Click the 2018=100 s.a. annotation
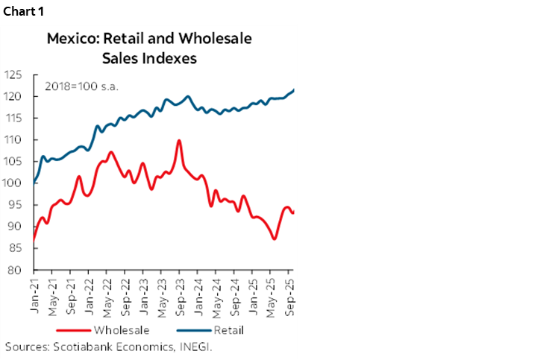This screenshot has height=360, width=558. tap(81, 85)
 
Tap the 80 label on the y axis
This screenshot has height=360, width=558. tap(15, 270)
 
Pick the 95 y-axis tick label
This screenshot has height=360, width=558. tap(15, 205)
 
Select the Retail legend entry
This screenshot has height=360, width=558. tap(229, 329)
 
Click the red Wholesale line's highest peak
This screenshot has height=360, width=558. tap(179, 140)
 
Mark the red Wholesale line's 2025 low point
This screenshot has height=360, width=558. tap(275, 239)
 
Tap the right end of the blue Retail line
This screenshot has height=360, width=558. tap(293, 90)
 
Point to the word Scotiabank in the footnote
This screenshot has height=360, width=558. tap(77, 347)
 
